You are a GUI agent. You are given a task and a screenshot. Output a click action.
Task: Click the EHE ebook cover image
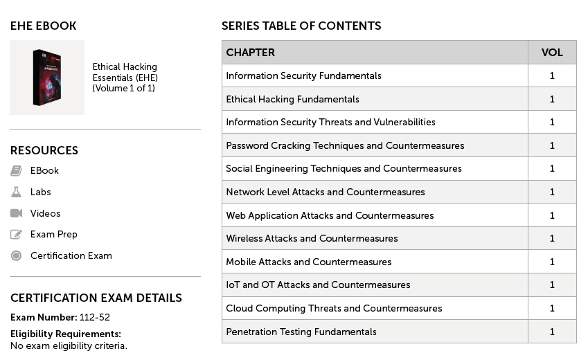coord(47,77)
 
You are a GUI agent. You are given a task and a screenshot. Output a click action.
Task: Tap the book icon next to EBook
coord(16,170)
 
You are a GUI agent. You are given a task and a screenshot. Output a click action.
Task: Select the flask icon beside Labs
coord(16,192)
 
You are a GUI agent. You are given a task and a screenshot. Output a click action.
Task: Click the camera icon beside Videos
coord(16,213)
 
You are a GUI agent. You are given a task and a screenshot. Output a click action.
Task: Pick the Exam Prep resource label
coord(53,235)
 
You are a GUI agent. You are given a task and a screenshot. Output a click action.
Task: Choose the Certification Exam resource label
coord(71,255)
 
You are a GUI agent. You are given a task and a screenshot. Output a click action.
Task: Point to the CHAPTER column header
coord(250,53)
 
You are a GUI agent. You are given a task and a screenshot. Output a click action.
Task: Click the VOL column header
coord(551,53)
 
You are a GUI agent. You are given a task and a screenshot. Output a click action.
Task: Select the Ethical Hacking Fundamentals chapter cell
coord(292,99)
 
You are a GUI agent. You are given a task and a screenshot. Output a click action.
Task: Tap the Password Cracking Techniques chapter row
coord(345,145)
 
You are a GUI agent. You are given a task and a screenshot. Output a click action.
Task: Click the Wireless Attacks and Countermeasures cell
coord(312,238)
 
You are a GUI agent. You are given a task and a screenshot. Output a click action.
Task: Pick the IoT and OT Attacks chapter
coord(318,285)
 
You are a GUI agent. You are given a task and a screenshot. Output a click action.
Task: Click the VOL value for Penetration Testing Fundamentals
coord(552,332)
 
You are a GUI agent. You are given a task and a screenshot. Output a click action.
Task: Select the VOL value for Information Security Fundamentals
coord(552,75)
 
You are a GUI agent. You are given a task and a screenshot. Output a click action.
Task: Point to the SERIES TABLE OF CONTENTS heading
coord(301,26)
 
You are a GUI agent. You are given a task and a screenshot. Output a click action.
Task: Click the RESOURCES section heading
coord(44,150)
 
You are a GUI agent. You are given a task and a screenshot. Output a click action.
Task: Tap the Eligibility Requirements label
coord(65,334)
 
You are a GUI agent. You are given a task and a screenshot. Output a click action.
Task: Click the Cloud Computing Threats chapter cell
coord(334,308)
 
